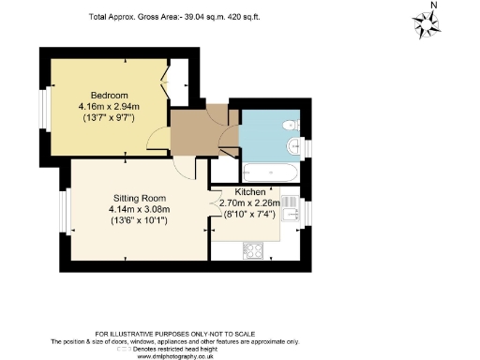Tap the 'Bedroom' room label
coord(109,96)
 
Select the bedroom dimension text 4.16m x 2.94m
coord(109,107)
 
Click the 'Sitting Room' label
coord(138,199)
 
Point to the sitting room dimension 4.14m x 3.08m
coord(138,210)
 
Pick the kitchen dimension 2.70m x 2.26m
coord(249,202)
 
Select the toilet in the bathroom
coord(291,125)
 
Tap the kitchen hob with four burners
coord(253,249)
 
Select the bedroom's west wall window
coord(42,109)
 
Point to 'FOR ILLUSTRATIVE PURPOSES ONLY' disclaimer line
coord(239,333)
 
